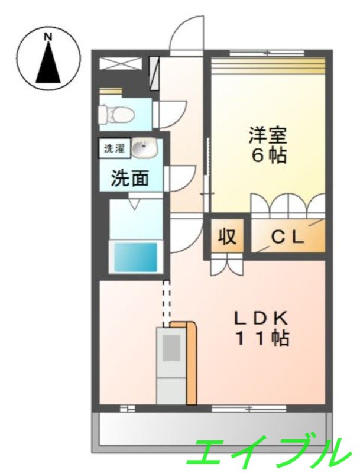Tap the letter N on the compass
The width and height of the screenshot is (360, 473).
[x=48, y=37]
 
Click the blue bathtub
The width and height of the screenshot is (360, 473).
[x=135, y=257]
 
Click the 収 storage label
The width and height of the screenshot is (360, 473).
[x=227, y=237]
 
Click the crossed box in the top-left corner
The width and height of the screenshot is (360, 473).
[x=121, y=64]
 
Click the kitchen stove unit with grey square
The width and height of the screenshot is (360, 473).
[x=171, y=349]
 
